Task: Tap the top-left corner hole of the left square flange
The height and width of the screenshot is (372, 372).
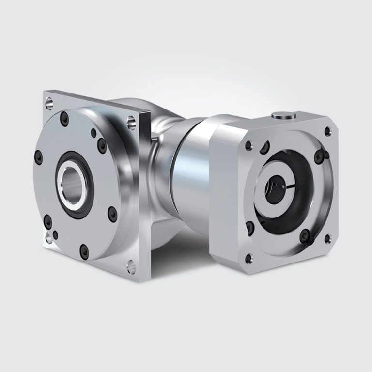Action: click(49, 103)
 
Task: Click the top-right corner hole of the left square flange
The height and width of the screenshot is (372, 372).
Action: click(131, 122)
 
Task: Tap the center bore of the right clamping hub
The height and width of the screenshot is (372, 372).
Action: click(272, 192)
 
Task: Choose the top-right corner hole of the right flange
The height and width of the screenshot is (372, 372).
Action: click(328, 131)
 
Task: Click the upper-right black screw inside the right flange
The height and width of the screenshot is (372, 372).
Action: click(319, 155)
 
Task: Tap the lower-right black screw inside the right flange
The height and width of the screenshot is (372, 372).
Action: click(304, 236)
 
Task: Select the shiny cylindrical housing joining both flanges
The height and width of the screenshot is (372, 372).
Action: click(182, 179)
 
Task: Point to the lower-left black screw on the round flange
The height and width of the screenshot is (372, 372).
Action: click(47, 222)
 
